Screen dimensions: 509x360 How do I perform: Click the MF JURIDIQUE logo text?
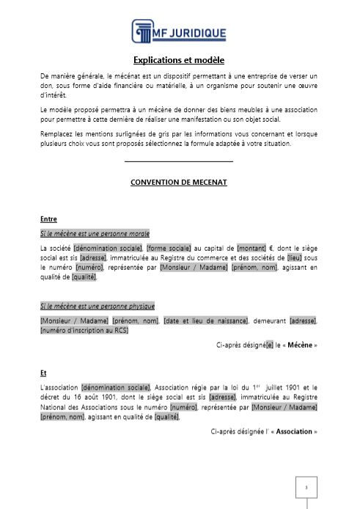pos(189,32)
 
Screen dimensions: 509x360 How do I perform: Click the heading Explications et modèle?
pos(179,60)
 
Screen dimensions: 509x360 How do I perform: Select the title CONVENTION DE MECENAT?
pos(179,181)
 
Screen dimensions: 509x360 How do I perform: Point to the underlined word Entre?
pos(48,219)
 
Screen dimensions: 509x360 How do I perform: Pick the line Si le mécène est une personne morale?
pos(95,233)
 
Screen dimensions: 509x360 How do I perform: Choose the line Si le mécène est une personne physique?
pos(97,306)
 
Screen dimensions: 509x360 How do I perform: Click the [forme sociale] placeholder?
pos(169,249)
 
